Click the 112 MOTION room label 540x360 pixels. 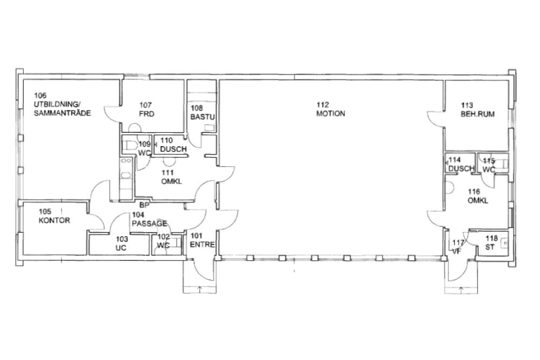330,109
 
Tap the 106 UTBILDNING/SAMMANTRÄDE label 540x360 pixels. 62,104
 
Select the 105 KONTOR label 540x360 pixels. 54,216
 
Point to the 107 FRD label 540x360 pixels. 146,110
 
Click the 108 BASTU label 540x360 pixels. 202,113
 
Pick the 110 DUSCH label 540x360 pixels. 173,145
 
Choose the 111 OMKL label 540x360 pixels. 172,177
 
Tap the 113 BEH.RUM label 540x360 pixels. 477,110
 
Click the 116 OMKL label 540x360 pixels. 478,196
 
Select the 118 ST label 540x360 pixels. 491,243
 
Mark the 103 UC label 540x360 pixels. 121,243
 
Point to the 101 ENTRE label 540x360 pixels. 202,240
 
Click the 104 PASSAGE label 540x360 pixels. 150,219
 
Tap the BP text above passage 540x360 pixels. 144,205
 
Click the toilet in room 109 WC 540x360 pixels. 129,145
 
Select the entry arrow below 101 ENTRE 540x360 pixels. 199,289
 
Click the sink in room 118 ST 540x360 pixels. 504,243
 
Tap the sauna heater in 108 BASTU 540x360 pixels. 209,127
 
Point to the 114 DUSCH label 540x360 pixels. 461,164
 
